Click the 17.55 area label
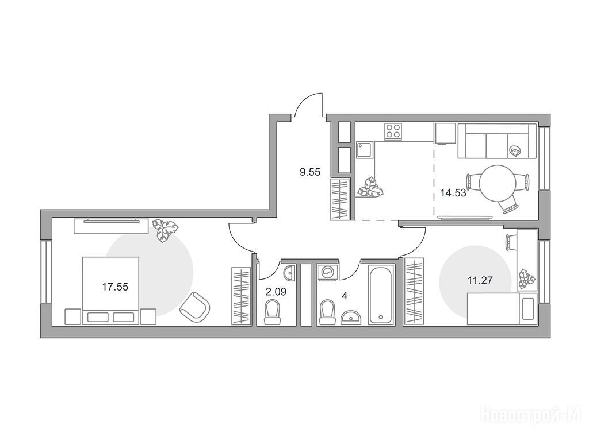(x=115, y=287)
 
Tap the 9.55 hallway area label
(x=310, y=172)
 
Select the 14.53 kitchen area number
(x=453, y=193)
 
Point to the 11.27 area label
(x=480, y=280)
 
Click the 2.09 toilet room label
(x=276, y=292)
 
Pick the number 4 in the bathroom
(x=345, y=296)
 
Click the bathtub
(x=381, y=295)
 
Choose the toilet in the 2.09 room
(x=273, y=312)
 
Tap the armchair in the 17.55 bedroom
(x=194, y=307)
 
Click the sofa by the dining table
(x=496, y=141)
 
